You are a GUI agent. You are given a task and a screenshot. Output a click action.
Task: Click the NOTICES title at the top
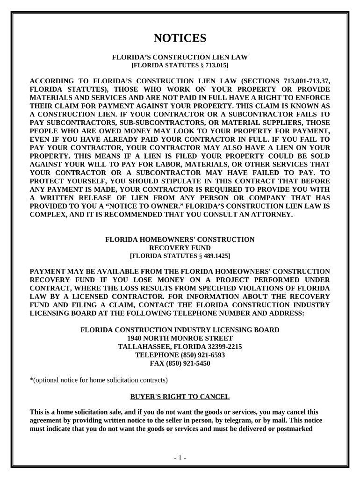coord(180,38)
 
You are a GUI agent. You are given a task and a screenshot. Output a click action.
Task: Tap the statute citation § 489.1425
coord(213,256)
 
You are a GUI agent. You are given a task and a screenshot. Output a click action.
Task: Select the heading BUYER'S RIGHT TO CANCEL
coord(180,397)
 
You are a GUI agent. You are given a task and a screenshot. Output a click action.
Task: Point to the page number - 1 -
coord(180,458)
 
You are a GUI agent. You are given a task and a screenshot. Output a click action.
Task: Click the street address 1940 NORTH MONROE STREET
coord(180,338)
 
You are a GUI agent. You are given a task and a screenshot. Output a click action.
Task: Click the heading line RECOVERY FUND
coord(180,248)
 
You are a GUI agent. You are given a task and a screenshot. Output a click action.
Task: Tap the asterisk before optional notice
coord(31,380)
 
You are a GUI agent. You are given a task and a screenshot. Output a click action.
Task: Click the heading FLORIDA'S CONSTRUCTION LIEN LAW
coord(180,57)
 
